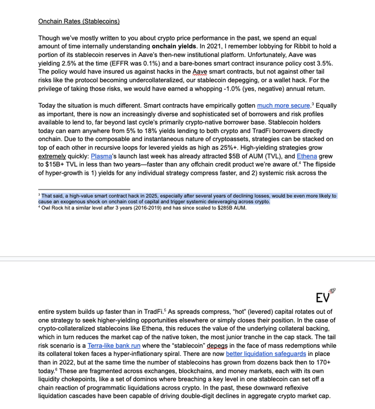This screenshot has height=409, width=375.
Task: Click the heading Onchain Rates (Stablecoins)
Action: [79, 21]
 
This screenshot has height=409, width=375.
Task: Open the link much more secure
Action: [283, 105]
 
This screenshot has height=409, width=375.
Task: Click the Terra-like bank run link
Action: [114, 346]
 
